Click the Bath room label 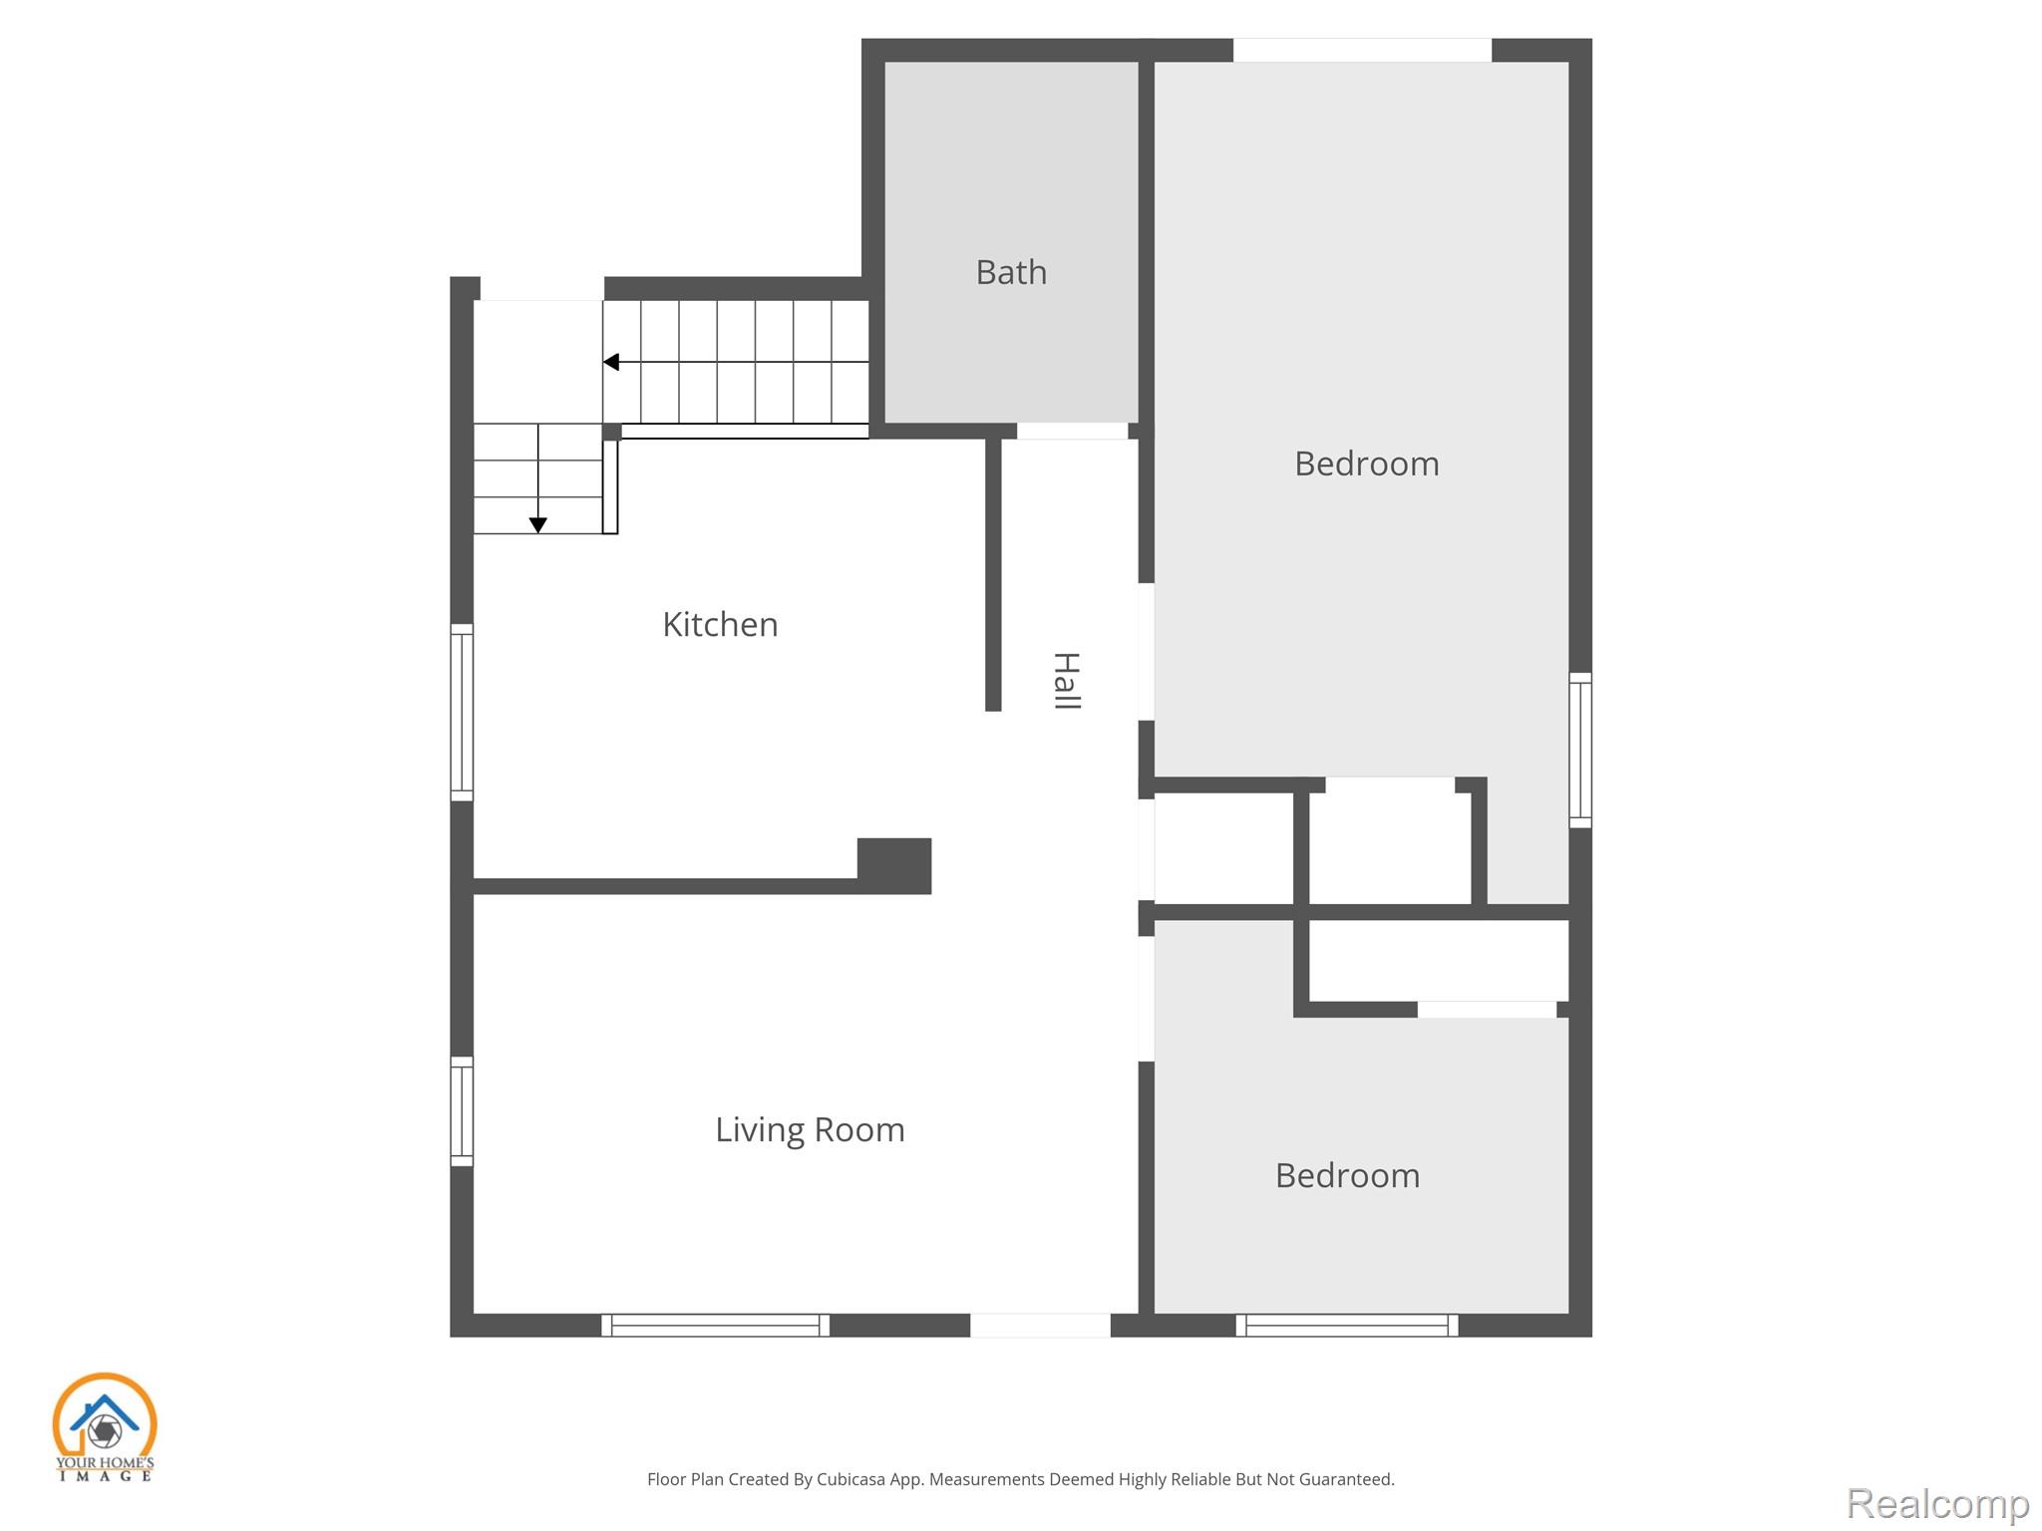point(1011,272)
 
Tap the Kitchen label point(720,624)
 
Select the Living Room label point(810,1129)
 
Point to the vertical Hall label point(1066,681)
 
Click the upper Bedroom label point(1366,463)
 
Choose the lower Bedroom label point(1347,1175)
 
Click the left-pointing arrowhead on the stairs point(611,362)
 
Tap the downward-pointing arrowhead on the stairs point(537,525)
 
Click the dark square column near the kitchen point(894,865)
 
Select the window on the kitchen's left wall point(462,712)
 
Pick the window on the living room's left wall point(462,1110)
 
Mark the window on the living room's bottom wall point(715,1325)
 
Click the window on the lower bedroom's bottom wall point(1347,1325)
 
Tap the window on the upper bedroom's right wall point(1580,750)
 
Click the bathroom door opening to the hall point(1072,431)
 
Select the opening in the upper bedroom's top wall point(1362,50)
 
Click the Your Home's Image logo point(105,1426)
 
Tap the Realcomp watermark point(1938,1503)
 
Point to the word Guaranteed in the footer point(1345,1479)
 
